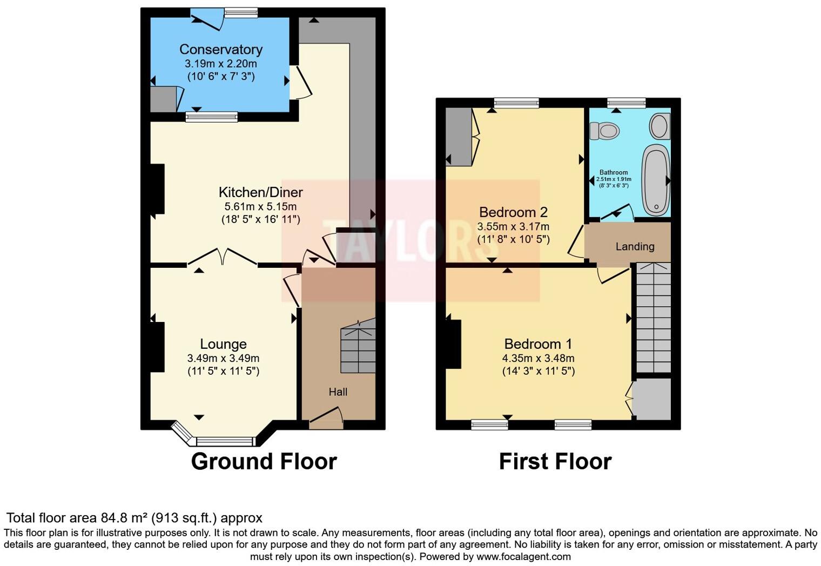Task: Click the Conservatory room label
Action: pos(221,49)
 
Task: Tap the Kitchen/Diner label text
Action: pos(260,192)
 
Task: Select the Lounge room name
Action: pos(223,344)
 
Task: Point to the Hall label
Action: pos(338,392)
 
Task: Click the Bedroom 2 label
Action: pos(513,212)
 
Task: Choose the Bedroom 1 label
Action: pos(538,344)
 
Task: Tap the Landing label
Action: pos(635,247)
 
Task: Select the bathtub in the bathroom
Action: pos(655,180)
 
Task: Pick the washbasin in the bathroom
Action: pos(659,126)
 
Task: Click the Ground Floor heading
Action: pos(264,462)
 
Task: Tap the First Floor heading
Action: pos(555,462)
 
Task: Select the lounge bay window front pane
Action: pos(225,441)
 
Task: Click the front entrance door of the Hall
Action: pos(326,419)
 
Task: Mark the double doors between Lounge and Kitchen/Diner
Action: pos(223,257)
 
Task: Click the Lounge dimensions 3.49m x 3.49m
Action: pos(223,358)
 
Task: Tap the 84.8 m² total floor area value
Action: pos(124,518)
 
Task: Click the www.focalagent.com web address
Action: pos(523,556)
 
